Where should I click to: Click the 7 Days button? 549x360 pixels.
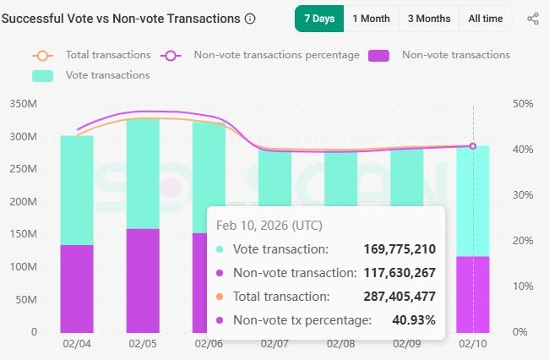tap(318, 19)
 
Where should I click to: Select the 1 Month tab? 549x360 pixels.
tap(371, 19)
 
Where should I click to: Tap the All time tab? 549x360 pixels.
tap(485, 19)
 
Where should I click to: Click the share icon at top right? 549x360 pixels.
tap(532, 19)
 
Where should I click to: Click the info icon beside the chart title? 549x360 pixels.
tap(249, 19)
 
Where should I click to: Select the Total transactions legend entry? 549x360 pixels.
tap(92, 55)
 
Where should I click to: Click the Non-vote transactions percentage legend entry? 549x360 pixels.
tap(261, 55)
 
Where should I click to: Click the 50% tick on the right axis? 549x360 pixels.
tap(522, 104)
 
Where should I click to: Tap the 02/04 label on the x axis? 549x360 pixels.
tap(76, 344)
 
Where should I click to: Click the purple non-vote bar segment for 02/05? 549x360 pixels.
tap(143, 281)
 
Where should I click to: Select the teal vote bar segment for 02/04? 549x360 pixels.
tap(77, 190)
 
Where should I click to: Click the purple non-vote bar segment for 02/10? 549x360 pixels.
tap(473, 294)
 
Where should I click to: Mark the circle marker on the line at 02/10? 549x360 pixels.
tap(473, 146)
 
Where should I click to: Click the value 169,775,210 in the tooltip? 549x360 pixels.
tap(400, 249)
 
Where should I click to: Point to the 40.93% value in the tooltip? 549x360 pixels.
tap(415, 320)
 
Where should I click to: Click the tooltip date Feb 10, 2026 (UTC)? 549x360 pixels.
tap(269, 226)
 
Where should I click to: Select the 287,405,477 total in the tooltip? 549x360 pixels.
tap(400, 297)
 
